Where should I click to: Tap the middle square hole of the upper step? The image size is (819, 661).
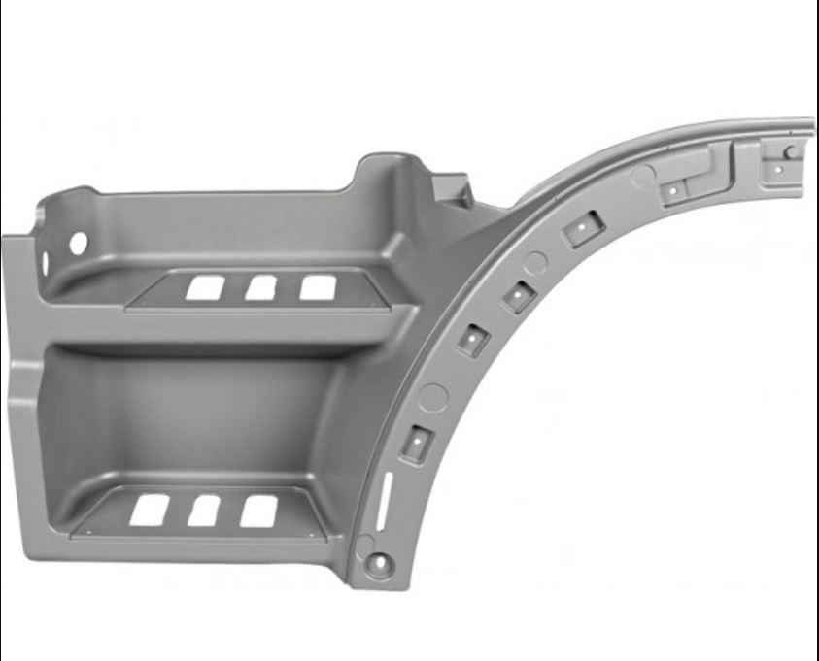coord(260,287)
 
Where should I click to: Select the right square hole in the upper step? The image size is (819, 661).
coord(318,287)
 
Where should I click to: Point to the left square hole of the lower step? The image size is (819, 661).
coord(149,510)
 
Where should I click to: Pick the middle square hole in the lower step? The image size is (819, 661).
coord(203,511)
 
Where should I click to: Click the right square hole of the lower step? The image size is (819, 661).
coord(259,511)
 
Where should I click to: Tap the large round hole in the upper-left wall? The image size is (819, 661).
coord(78,244)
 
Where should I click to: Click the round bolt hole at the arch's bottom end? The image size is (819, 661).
coord(379,561)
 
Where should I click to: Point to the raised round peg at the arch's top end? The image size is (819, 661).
coord(792,151)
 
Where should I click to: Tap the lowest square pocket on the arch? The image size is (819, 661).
coord(417,442)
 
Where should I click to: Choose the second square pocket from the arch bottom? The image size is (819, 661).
coord(473,339)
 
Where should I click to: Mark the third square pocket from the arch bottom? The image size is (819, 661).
coord(519,295)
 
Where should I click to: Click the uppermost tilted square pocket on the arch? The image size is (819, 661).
coord(583,228)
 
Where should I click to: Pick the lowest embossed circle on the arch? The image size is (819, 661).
coord(433,397)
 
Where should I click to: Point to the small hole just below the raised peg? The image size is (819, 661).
coord(778,168)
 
